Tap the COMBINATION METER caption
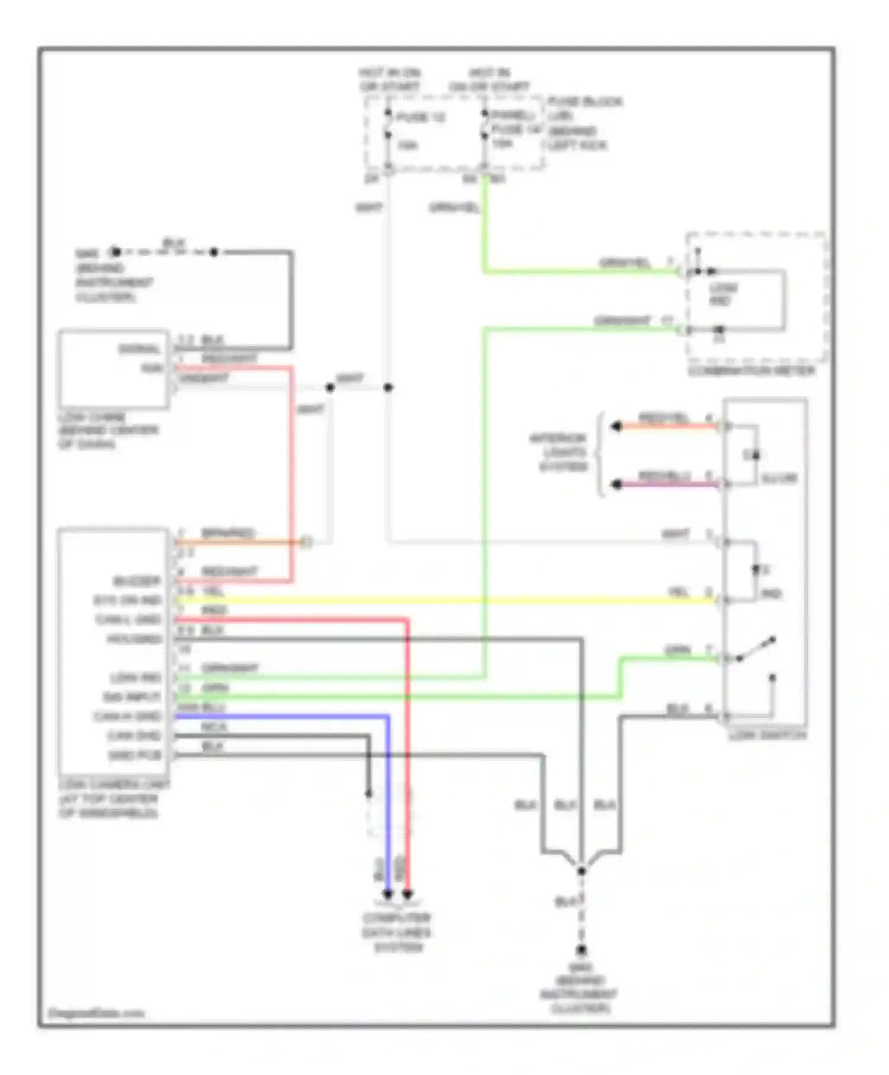[x=751, y=372]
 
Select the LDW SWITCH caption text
[x=767, y=735]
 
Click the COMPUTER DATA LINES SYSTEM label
[x=397, y=932]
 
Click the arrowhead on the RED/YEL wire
[x=616, y=426]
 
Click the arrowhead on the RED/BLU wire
[x=616, y=484]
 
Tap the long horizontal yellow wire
[x=444, y=600]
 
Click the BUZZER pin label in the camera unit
[x=137, y=580]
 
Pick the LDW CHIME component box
[x=113, y=369]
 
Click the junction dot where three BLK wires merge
[x=581, y=871]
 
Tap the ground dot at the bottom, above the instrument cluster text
[x=581, y=950]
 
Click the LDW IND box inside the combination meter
[x=724, y=295]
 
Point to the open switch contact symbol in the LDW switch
[x=756, y=649]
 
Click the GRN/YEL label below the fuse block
[x=454, y=207]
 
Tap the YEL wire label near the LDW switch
[x=679, y=592]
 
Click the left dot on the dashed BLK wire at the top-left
[x=116, y=252]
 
